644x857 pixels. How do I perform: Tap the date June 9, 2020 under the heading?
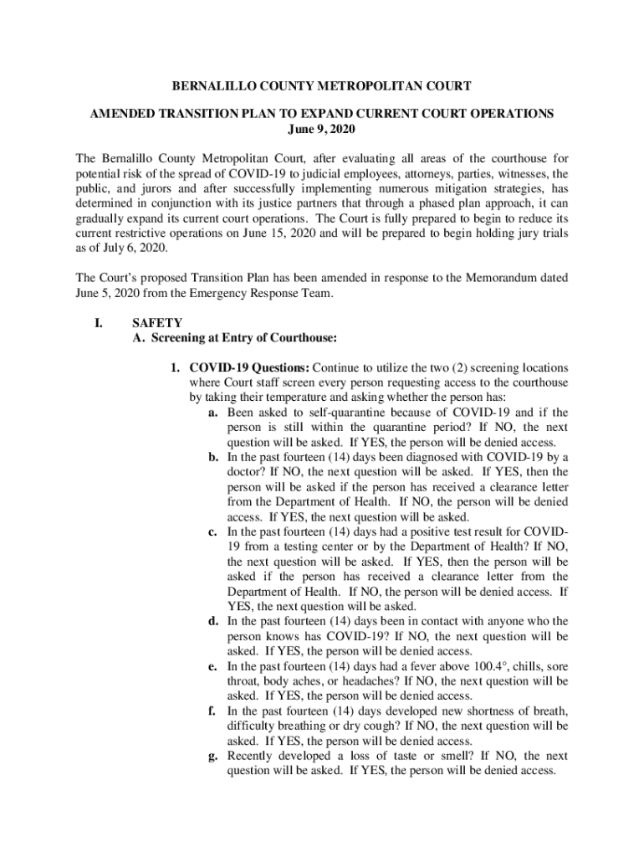pyautogui.click(x=321, y=128)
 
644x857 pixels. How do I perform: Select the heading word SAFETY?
pyautogui.click(x=157, y=323)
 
